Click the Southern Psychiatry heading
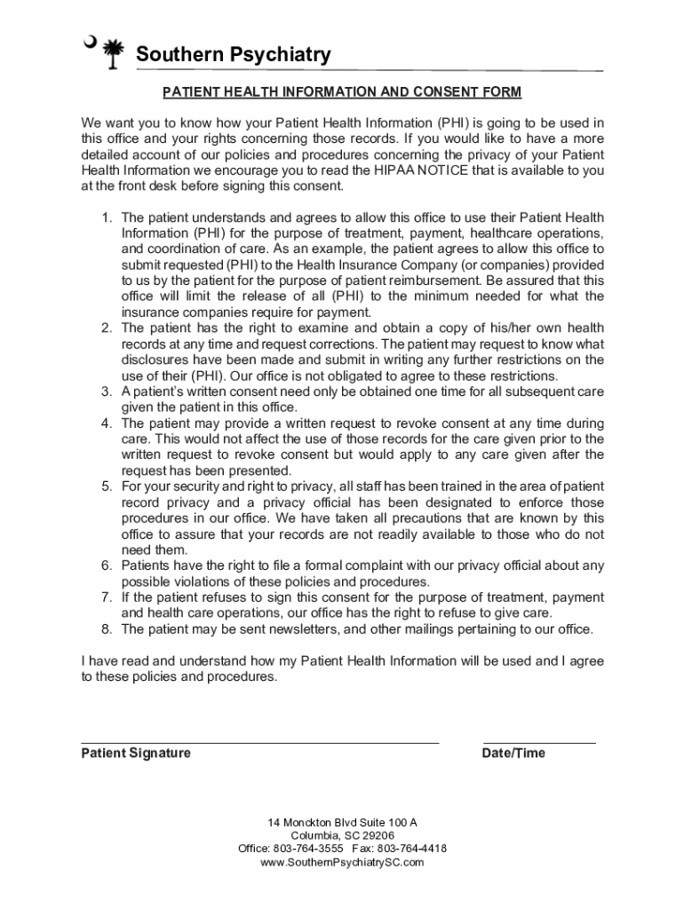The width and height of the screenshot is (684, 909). [x=233, y=55]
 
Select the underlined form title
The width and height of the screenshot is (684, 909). [x=342, y=92]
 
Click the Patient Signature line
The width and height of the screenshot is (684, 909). [x=260, y=741]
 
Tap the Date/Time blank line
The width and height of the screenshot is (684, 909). [x=539, y=741]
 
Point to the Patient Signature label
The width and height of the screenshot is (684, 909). [x=136, y=754]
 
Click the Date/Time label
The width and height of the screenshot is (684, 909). [x=513, y=754]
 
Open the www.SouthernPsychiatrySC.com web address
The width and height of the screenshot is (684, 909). [x=342, y=862]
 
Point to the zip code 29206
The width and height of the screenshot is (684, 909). [x=378, y=835]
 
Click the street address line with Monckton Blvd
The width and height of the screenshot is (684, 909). [x=342, y=822]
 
